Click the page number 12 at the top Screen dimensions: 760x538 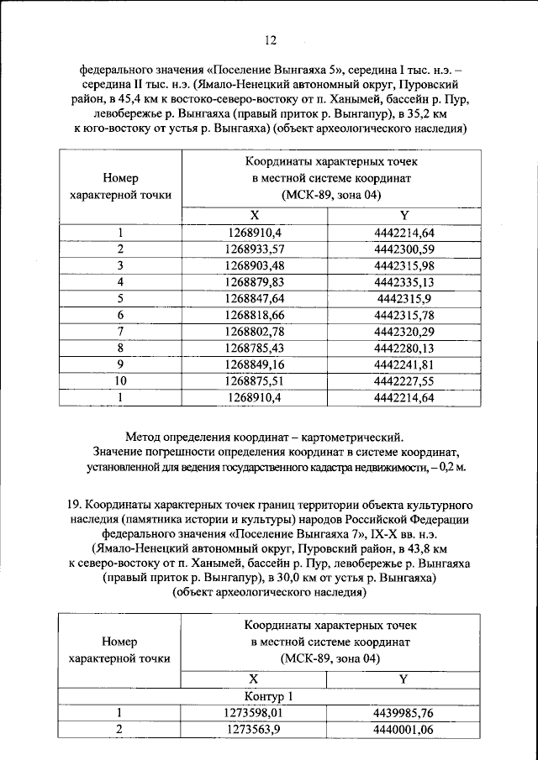tap(269, 39)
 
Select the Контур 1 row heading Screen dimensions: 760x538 tap(269, 696)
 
